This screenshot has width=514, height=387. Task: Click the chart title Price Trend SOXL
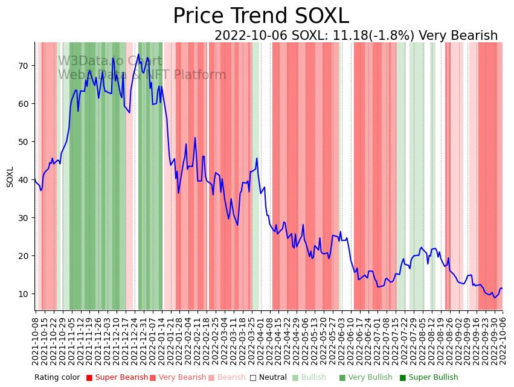261,16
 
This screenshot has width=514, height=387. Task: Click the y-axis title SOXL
10,177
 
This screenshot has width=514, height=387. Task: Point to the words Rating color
57,377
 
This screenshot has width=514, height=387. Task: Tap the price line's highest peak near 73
138,54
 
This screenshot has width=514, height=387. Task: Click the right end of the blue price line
502,289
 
